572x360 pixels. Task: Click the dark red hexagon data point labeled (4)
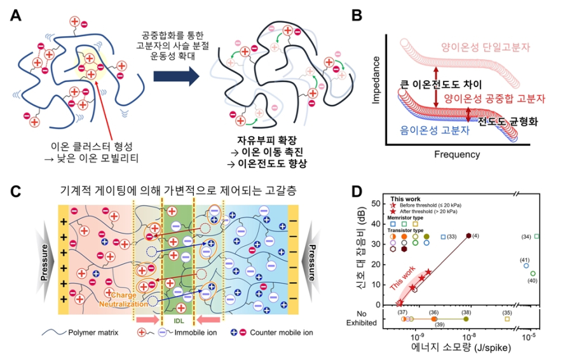click(x=469, y=235)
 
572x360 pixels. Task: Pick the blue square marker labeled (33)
click(x=443, y=237)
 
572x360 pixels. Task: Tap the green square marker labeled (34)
click(x=537, y=237)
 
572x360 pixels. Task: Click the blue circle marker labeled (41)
click(x=526, y=266)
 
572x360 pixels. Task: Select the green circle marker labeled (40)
click(x=533, y=273)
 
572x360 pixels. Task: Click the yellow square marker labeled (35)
click(x=508, y=319)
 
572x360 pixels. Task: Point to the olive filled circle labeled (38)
click(x=466, y=319)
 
